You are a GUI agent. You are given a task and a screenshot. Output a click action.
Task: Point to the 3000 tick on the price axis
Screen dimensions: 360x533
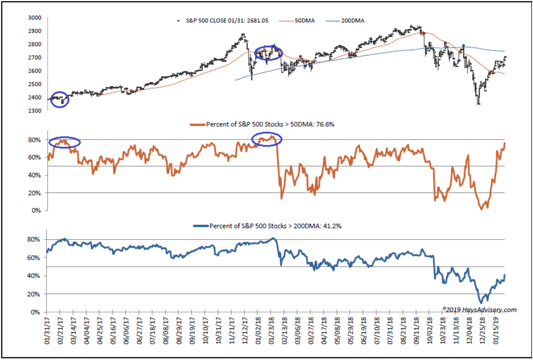tap(35, 18)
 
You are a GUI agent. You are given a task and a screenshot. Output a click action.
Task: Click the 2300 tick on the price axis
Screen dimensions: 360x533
tap(35, 111)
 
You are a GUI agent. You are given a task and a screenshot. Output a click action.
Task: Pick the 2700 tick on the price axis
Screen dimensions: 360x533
tap(35, 58)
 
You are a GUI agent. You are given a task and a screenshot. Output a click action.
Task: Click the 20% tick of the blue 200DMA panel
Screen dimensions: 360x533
tap(36, 294)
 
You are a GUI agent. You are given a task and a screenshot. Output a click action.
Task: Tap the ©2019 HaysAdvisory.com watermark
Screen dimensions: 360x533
tap(479, 309)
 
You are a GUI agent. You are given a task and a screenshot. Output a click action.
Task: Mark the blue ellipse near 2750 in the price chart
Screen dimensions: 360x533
tap(268, 53)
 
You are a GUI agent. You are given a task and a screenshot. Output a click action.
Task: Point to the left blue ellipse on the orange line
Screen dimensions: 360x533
tap(65, 142)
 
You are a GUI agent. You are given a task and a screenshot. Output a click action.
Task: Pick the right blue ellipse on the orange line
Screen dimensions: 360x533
tap(267, 139)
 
